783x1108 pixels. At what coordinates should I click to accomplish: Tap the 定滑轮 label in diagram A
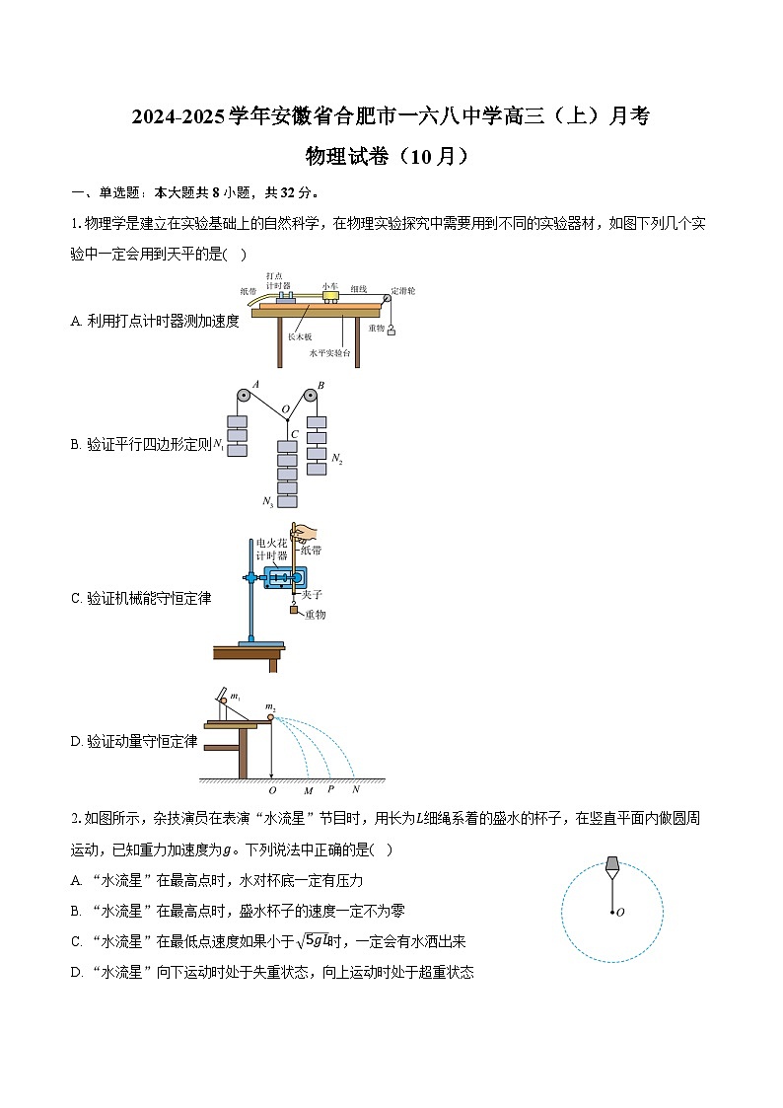(x=402, y=290)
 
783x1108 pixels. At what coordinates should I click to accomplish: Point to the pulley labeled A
(x=242, y=397)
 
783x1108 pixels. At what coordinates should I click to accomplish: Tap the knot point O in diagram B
(x=287, y=418)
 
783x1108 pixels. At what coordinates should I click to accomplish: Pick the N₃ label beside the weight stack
(x=267, y=502)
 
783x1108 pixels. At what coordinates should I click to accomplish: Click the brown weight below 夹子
(x=294, y=612)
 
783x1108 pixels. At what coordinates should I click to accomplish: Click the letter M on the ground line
(x=308, y=790)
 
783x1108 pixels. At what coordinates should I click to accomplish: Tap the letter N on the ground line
(x=356, y=789)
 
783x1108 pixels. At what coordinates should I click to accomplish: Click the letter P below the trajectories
(x=330, y=789)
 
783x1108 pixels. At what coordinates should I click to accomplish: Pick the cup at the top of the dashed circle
(x=612, y=865)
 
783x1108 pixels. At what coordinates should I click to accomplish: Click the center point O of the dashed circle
(x=612, y=912)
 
